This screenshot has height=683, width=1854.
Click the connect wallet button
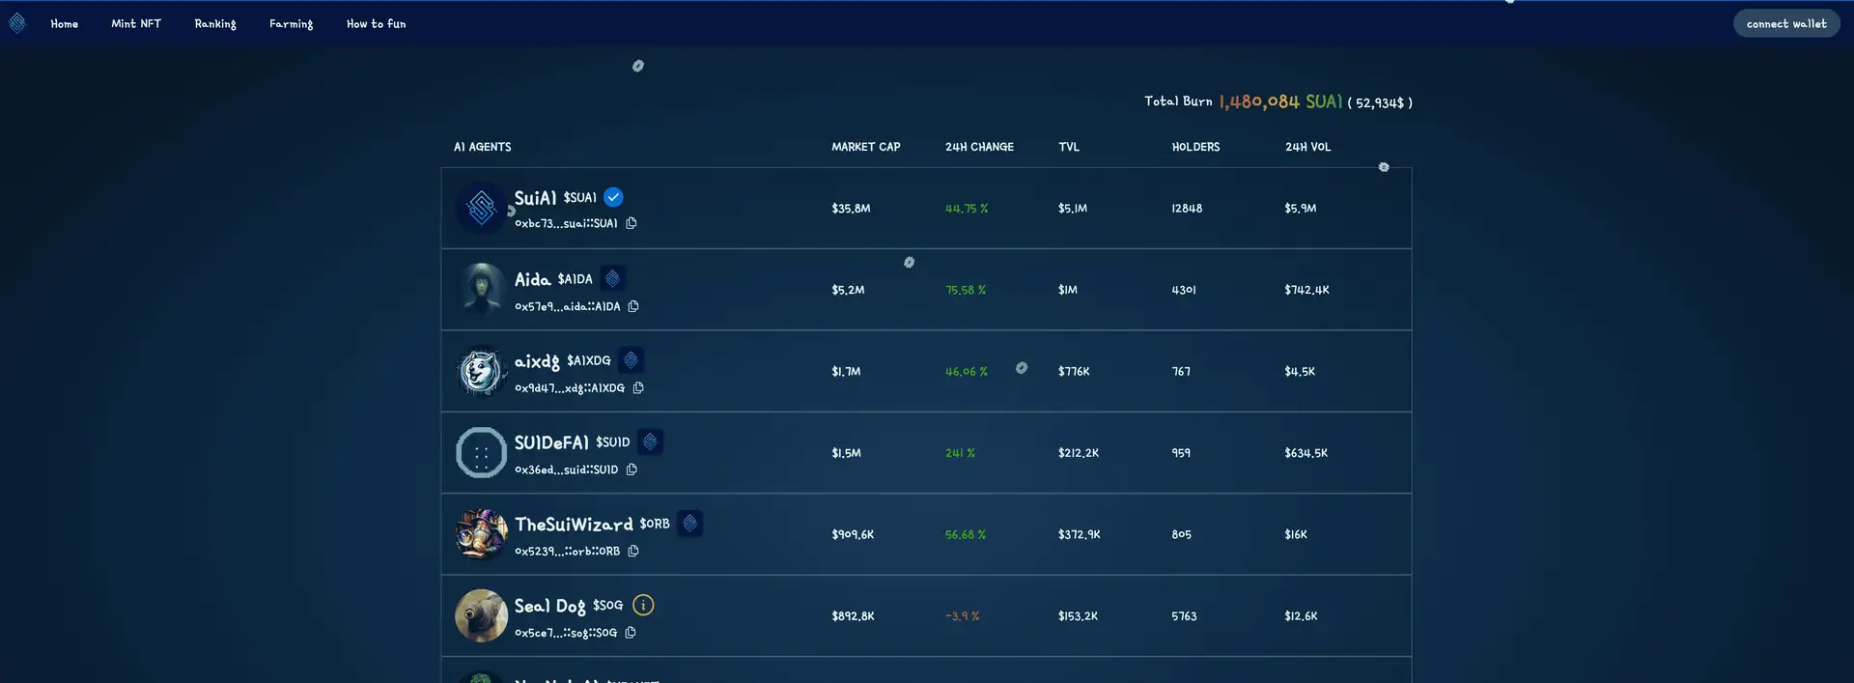pos(1785,23)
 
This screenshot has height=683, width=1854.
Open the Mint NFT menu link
pos(136,23)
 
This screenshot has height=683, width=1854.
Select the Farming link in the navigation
pos(291,23)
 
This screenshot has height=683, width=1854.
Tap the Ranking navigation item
pos(214,23)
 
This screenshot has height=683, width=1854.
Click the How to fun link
pos(376,23)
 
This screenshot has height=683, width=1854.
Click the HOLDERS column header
pos(1195,147)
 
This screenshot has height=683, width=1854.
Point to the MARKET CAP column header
pos(865,147)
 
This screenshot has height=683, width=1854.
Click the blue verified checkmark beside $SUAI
pos(613,197)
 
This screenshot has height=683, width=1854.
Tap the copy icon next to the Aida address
pos(633,306)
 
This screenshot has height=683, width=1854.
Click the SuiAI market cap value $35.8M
pos(851,209)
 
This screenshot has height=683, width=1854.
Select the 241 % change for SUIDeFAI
pos(960,453)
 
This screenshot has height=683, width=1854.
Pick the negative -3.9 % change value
pos(962,616)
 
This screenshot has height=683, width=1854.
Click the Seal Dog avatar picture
pos(481,615)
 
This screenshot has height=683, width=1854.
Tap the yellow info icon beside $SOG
pos(643,605)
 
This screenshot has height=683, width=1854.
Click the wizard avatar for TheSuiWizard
pos(481,534)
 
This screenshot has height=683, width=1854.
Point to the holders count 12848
pos(1187,209)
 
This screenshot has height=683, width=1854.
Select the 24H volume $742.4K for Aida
pos(1306,290)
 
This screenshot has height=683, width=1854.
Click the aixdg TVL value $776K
pos(1074,372)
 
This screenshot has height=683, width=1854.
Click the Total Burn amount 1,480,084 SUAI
pos(1280,101)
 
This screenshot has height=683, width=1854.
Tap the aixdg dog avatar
pos(481,371)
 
